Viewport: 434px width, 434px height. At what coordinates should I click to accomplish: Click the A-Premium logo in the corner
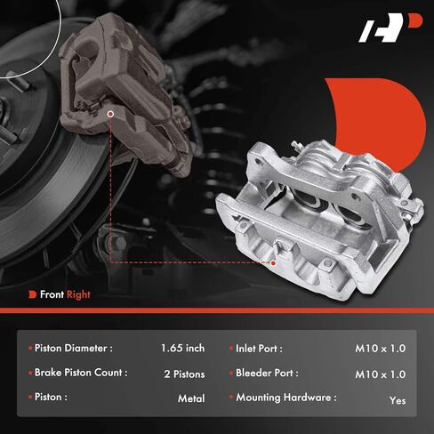[x=390, y=28]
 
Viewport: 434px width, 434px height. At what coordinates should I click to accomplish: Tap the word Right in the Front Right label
[x=78, y=294]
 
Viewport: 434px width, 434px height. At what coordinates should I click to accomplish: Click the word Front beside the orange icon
[x=52, y=294]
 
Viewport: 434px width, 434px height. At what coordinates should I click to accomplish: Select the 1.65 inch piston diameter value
[x=182, y=348]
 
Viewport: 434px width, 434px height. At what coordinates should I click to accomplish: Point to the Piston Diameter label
[x=74, y=348]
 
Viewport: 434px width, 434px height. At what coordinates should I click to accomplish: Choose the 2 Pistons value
[x=184, y=374]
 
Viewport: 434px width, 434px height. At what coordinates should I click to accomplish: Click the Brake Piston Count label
[x=81, y=373]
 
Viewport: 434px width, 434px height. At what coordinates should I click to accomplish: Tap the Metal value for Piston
[x=191, y=398]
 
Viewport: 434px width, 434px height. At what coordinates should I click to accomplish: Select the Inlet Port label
[x=259, y=349]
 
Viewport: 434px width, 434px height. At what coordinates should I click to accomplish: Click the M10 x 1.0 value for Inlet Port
[x=381, y=349]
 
